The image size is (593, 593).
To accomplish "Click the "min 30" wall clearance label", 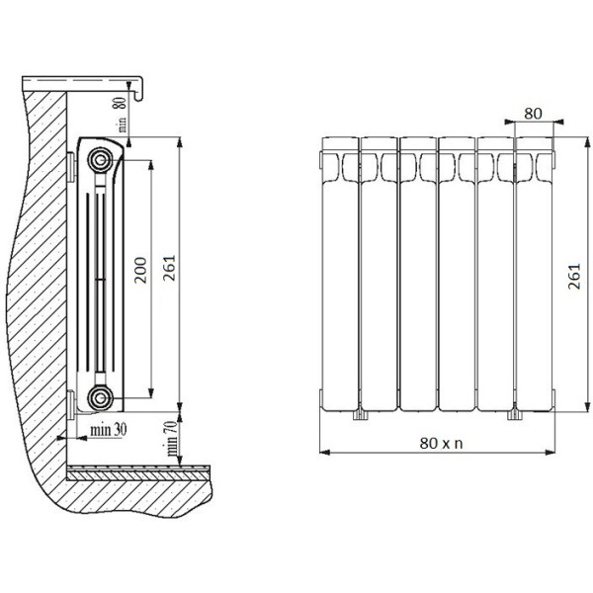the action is click(x=109, y=430).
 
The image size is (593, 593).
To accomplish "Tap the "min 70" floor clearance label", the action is click(x=171, y=438).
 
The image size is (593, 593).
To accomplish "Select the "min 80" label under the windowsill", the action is click(x=121, y=115).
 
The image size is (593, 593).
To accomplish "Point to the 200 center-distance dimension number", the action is click(x=140, y=270).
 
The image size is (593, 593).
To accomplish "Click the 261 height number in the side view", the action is click(x=169, y=268).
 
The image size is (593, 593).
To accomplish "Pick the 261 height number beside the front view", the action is click(x=574, y=277).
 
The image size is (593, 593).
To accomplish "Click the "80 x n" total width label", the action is click(x=442, y=443).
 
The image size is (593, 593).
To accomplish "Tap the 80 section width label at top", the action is click(x=534, y=113).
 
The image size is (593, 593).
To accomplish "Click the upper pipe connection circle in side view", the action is click(x=100, y=160).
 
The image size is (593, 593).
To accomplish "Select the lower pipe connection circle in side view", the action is click(x=100, y=397).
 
